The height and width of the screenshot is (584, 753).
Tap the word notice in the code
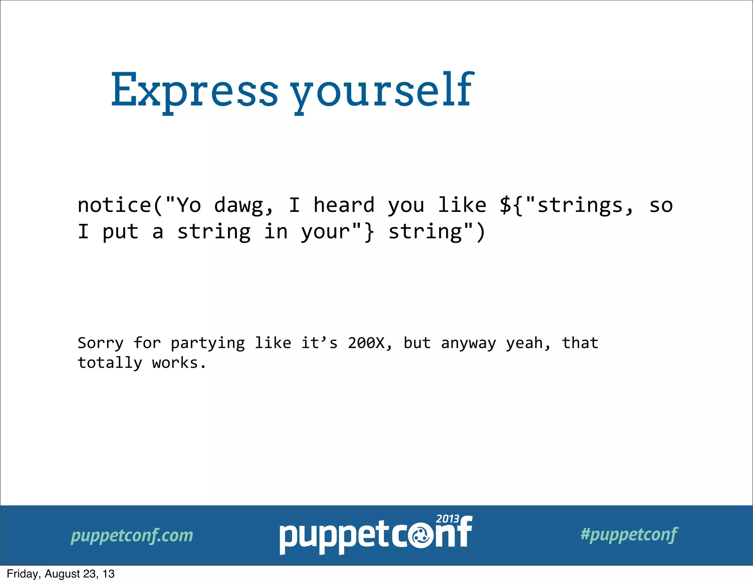[114, 205]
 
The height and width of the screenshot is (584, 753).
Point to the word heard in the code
[344, 205]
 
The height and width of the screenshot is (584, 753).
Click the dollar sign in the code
[506, 205]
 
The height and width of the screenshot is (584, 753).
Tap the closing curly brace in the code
[369, 232]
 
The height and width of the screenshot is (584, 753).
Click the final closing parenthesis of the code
[480, 232]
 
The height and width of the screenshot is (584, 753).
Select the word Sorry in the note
[100, 343]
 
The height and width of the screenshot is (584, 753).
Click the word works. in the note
[179, 363]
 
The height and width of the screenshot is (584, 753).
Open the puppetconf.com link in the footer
[132, 535]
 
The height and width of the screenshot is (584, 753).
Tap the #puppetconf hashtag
[629, 534]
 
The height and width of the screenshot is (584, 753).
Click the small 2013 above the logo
[447, 519]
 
